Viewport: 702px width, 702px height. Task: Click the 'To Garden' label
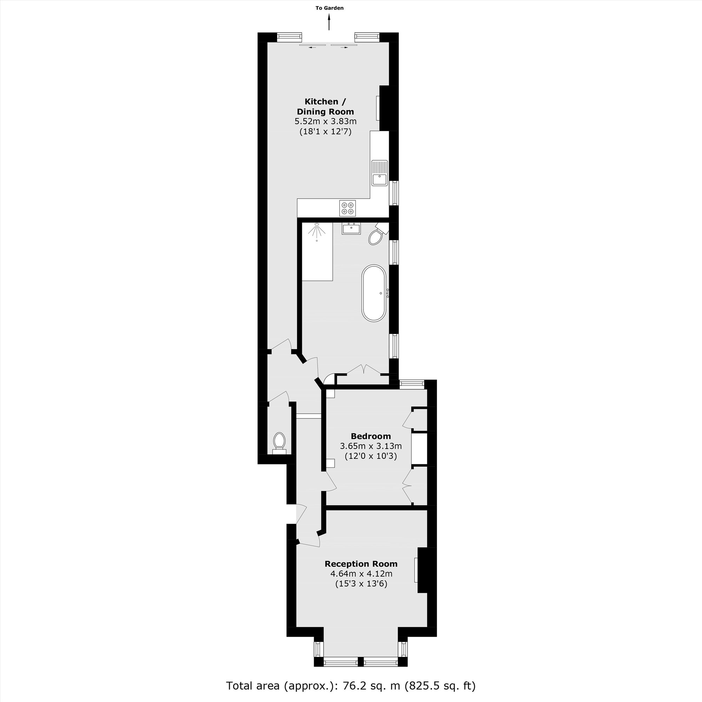pyautogui.click(x=329, y=8)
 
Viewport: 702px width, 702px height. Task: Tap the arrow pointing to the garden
pyautogui.click(x=329, y=22)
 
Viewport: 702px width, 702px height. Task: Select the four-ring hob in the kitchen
pyautogui.click(x=347, y=208)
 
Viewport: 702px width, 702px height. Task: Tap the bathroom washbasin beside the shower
pyautogui.click(x=351, y=229)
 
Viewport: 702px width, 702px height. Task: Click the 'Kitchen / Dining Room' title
pyautogui.click(x=325, y=106)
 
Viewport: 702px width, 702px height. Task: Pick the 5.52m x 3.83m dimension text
pyautogui.click(x=325, y=121)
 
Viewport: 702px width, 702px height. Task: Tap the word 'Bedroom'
pyautogui.click(x=371, y=436)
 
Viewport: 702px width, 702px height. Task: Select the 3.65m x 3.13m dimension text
pyautogui.click(x=371, y=446)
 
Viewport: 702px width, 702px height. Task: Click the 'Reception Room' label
pyautogui.click(x=361, y=564)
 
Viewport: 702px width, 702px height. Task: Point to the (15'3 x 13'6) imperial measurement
pyautogui.click(x=361, y=584)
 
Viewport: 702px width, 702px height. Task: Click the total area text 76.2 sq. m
pyautogui.click(x=351, y=686)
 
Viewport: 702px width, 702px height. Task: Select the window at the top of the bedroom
pyautogui.click(x=412, y=384)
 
